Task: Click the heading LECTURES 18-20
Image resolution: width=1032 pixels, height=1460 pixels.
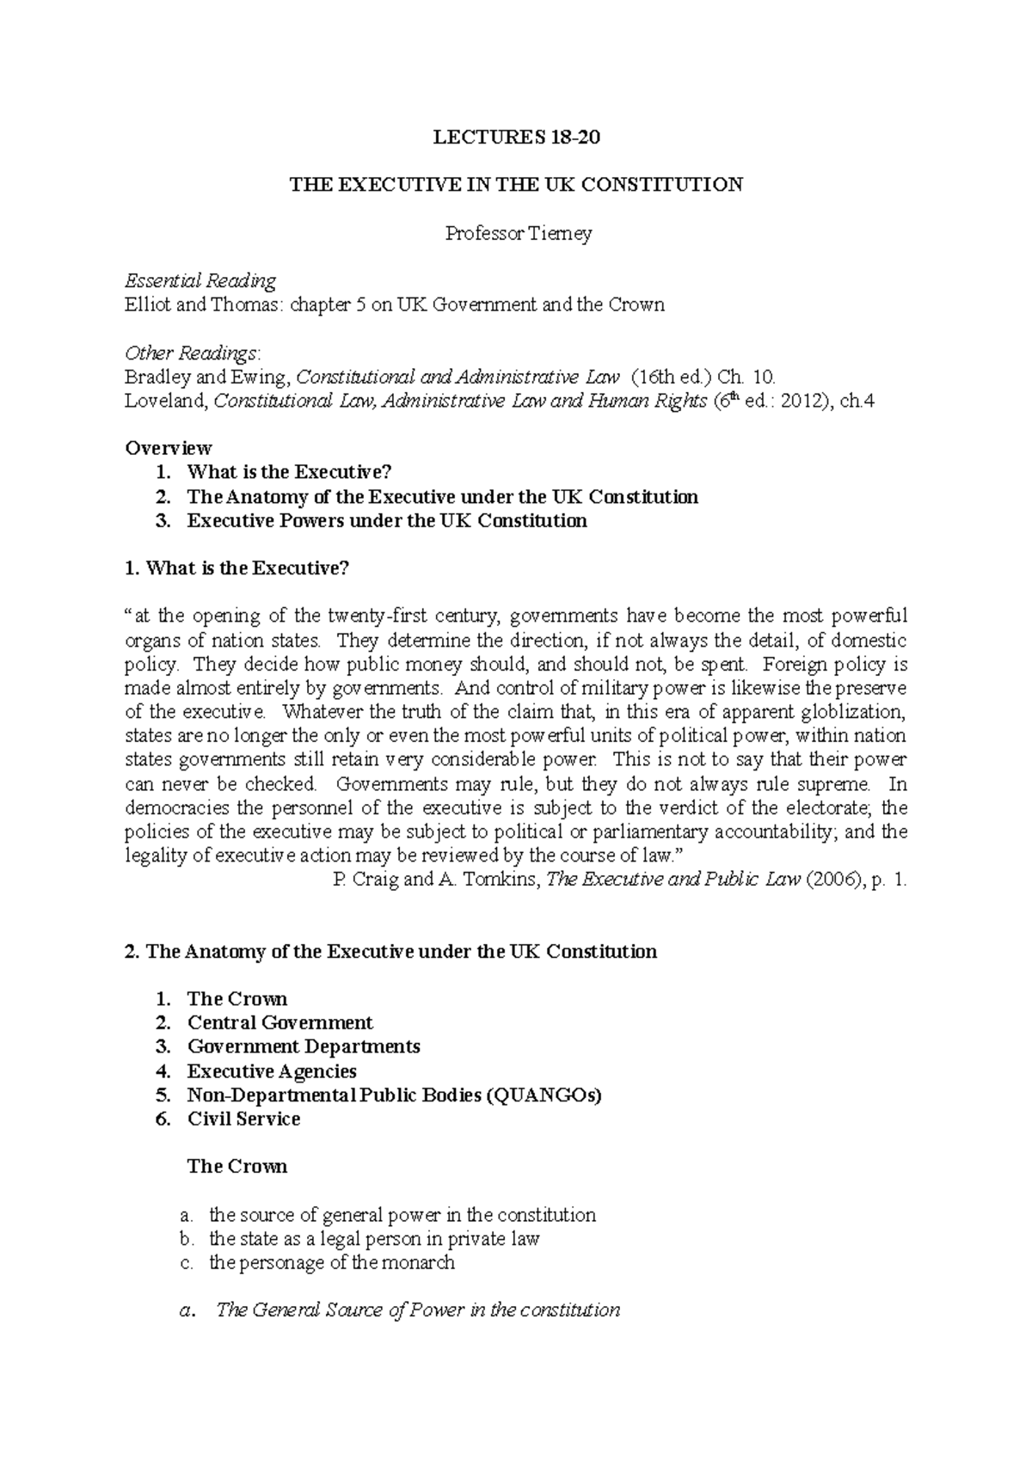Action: coord(515,137)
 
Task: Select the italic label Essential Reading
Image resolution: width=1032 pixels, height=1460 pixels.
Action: coord(200,280)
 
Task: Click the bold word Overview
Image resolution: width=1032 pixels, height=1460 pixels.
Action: coord(169,448)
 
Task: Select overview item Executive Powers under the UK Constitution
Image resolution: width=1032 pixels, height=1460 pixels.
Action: coord(387,520)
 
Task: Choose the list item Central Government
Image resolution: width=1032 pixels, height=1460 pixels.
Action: coord(280,1022)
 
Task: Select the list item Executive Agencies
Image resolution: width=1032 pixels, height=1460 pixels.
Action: coord(272,1070)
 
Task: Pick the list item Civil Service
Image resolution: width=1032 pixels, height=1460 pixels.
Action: coord(243,1119)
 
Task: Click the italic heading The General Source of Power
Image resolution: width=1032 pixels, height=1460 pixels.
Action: coord(418,1310)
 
